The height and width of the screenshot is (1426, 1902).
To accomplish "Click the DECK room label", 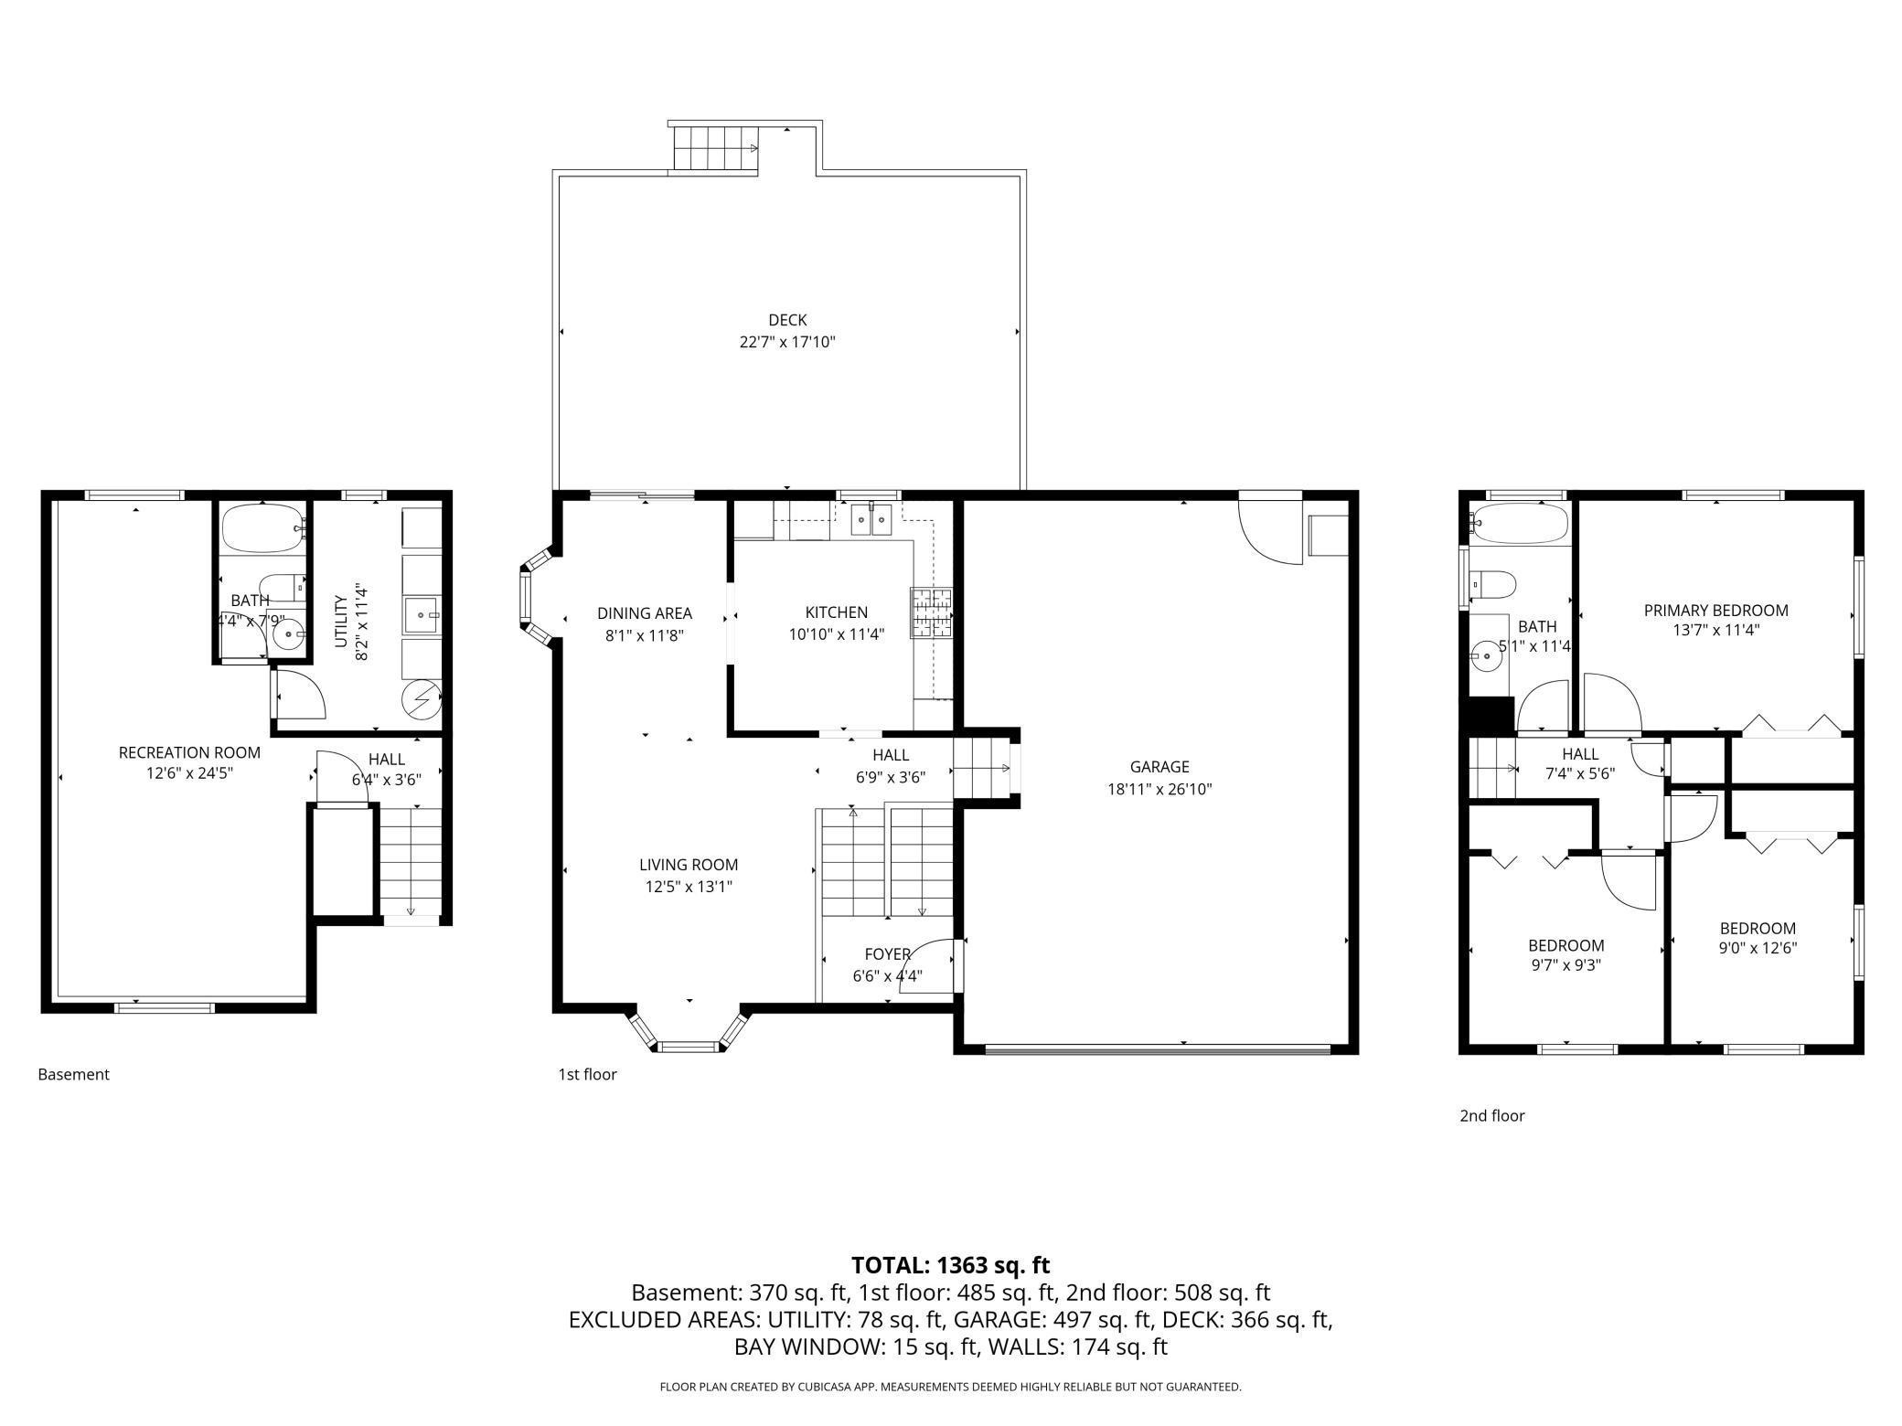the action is click(x=787, y=320).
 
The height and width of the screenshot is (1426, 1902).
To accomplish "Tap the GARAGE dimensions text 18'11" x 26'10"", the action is click(x=1159, y=789).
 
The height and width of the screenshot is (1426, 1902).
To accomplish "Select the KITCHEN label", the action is click(x=836, y=612).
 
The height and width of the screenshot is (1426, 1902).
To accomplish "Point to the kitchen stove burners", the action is click(x=932, y=612).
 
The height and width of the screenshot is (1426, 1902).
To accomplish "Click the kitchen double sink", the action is click(x=871, y=519).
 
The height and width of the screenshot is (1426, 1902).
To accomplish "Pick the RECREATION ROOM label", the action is click(x=189, y=752).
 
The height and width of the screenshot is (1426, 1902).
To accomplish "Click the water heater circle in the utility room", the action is click(x=422, y=700).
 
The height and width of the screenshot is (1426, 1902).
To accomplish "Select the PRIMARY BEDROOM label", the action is click(x=1715, y=610).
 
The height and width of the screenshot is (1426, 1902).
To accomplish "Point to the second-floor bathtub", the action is click(x=1519, y=524).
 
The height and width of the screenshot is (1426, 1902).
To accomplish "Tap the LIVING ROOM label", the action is click(x=688, y=865).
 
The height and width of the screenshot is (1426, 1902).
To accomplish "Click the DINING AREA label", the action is click(x=645, y=613).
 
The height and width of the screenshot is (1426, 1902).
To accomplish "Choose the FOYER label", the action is click(x=887, y=954).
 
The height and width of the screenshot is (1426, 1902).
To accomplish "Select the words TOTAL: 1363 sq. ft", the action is click(x=951, y=1265).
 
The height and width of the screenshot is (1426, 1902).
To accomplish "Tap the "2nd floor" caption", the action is click(x=1492, y=1115).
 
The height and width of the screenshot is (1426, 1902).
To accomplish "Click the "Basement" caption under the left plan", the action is click(x=73, y=1074).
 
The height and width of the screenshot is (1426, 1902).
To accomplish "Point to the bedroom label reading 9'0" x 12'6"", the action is click(x=1758, y=948).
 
